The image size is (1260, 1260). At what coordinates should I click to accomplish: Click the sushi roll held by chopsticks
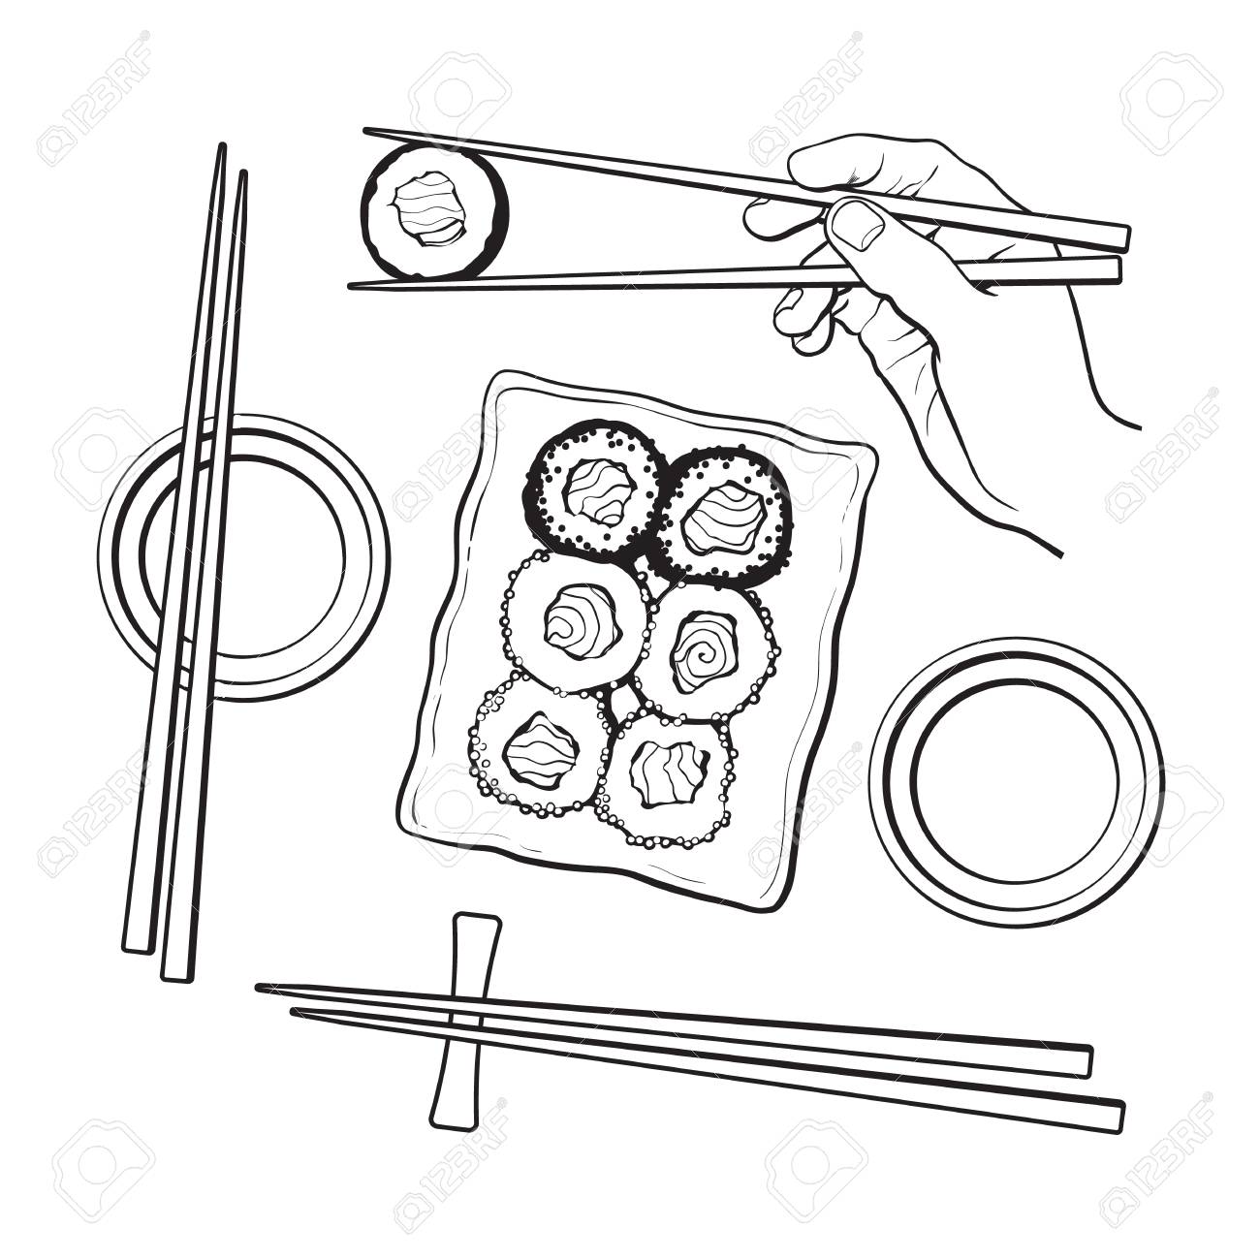434,211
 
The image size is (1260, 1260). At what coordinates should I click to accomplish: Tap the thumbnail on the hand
857,225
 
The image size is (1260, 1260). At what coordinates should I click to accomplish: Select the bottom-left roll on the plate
541,747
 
